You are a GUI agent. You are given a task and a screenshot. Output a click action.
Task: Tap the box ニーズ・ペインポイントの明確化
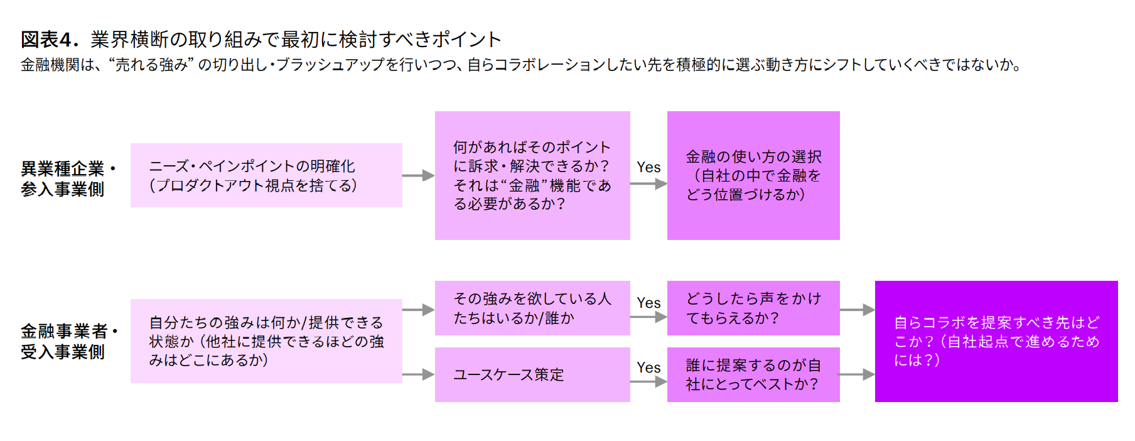point(266,175)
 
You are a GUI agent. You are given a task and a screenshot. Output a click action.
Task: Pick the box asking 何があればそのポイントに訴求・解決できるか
point(532,175)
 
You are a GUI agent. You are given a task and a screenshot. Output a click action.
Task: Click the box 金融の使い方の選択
point(753,175)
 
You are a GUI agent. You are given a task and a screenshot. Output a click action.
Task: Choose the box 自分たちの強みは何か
point(266,341)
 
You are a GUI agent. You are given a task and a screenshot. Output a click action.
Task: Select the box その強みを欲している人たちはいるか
point(532,308)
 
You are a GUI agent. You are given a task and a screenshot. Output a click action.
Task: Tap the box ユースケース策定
point(532,374)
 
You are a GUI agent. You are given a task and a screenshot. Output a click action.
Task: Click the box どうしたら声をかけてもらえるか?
point(753,308)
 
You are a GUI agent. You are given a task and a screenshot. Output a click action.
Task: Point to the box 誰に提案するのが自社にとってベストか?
point(753,374)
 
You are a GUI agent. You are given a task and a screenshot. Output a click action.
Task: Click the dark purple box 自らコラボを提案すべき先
point(996,341)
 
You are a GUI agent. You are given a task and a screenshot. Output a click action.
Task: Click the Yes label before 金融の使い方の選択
point(648,167)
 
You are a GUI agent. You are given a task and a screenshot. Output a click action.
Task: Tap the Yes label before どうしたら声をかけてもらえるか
point(648,303)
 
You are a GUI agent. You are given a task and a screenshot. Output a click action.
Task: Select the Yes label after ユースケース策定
point(648,367)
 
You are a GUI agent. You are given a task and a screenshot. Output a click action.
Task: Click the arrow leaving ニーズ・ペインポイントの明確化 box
point(418,175)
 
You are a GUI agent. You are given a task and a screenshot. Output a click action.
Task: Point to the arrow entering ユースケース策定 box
point(418,374)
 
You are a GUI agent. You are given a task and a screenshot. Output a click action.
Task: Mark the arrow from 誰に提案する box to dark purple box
point(857,374)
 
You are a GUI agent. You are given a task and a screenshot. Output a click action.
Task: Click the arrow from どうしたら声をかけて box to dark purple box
point(857,310)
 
